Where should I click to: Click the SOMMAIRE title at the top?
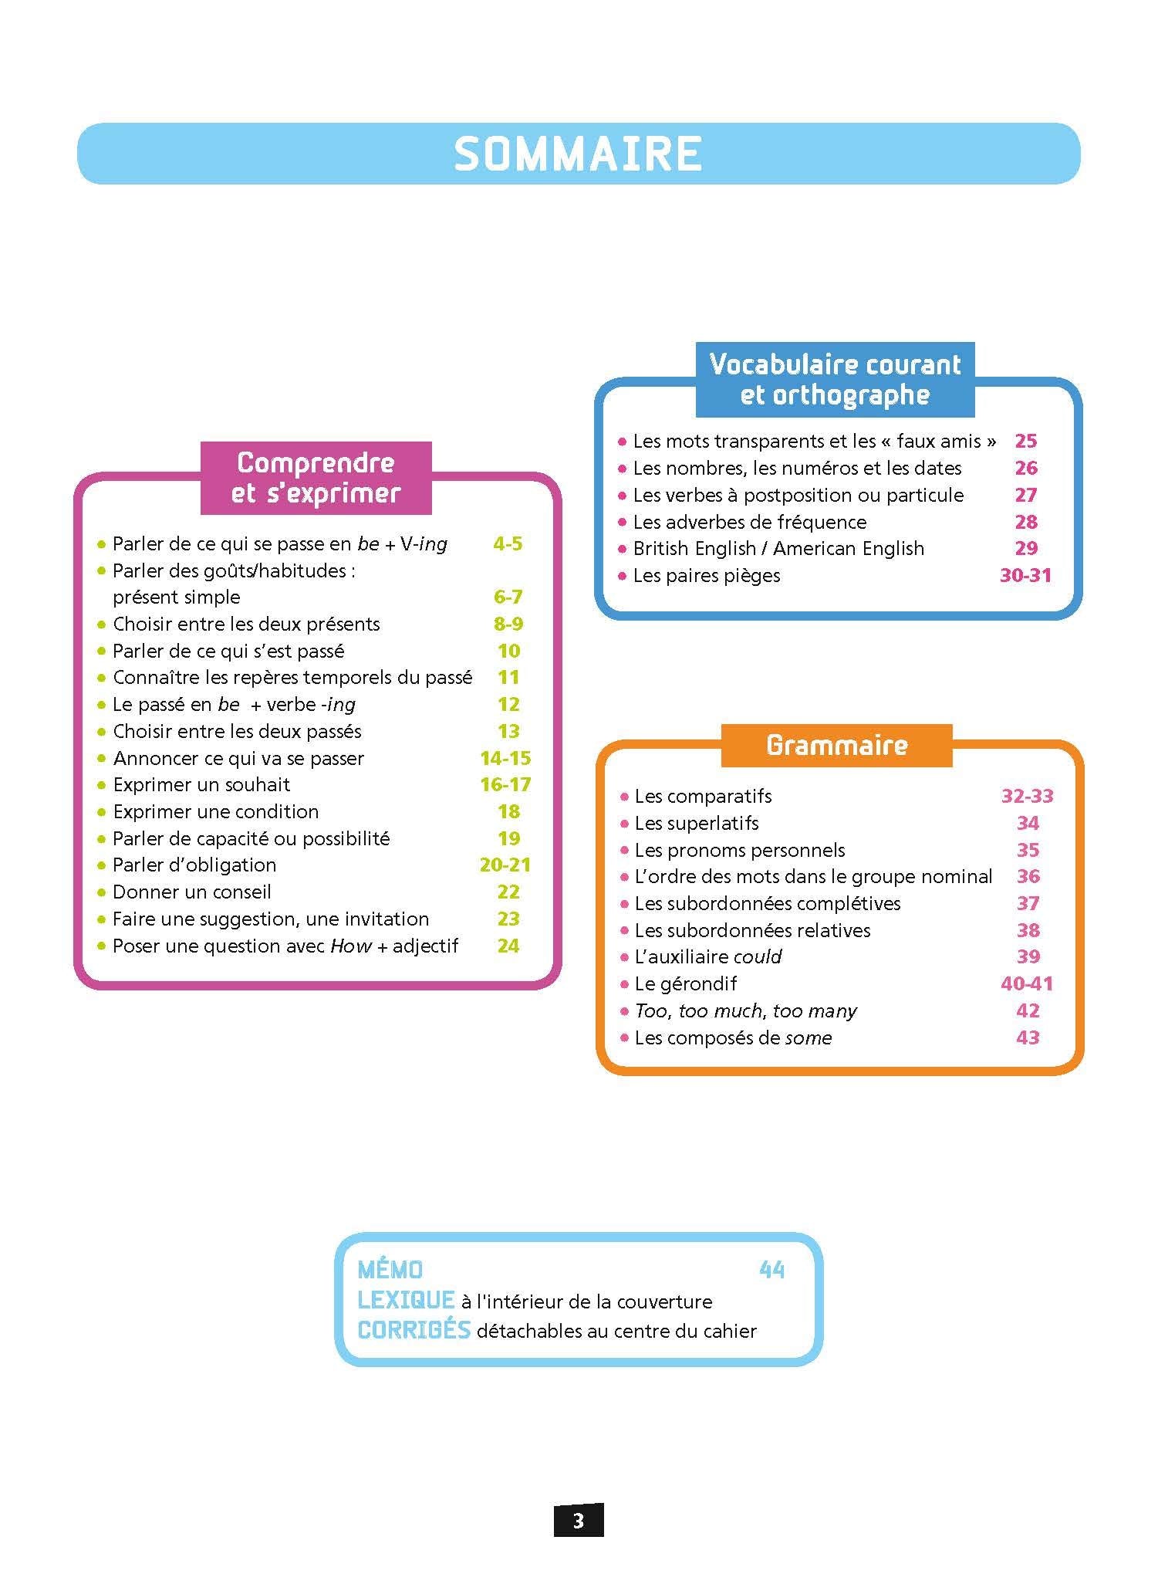[x=578, y=154]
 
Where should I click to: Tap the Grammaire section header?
[x=836, y=745]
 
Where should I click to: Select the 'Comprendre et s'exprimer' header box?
[x=316, y=478]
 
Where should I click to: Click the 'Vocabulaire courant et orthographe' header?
[x=835, y=379]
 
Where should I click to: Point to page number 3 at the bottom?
[x=579, y=1521]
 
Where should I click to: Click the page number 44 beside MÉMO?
[x=771, y=1270]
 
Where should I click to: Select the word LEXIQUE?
[x=406, y=1301]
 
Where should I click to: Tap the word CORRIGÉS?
[x=414, y=1330]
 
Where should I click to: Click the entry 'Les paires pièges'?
[x=707, y=576]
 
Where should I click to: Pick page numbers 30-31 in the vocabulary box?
[x=1025, y=576]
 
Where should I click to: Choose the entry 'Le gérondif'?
[x=685, y=984]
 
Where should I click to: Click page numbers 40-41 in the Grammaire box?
[x=1027, y=984]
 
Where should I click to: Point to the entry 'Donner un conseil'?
[x=192, y=892]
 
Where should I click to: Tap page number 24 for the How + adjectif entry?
[x=508, y=946]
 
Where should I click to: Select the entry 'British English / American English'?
[x=778, y=549]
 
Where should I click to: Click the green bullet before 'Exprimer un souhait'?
[x=101, y=786]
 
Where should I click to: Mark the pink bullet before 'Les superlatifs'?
[x=624, y=824]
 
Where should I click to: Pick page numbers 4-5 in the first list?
[x=508, y=544]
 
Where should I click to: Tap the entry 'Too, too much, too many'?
[x=745, y=1011]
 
